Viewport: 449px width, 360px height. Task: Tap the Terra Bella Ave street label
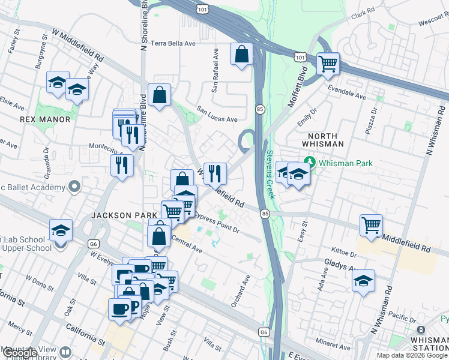pos(173,43)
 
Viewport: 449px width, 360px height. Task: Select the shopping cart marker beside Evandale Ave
pos(328,63)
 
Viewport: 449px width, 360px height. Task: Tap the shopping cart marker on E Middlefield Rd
pos(372,225)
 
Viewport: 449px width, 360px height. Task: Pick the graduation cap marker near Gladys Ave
pos(363,281)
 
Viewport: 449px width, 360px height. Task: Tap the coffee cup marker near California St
pos(119,308)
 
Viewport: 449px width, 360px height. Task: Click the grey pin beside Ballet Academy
pos(74,187)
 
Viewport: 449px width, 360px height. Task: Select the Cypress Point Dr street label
pos(217,226)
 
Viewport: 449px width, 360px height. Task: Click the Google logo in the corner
pos(20,353)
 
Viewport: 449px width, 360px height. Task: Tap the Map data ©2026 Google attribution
pos(412,355)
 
